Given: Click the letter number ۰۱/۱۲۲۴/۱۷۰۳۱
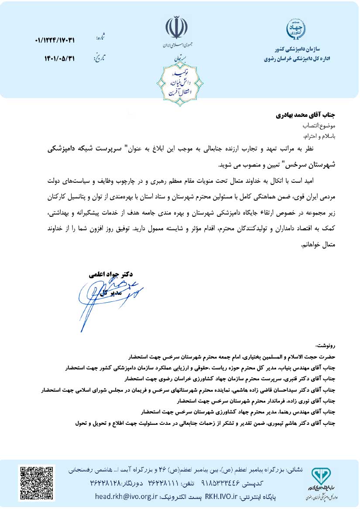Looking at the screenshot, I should point(55,41).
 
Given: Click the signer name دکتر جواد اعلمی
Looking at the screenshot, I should point(111,275).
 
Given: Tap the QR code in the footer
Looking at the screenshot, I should point(36,483).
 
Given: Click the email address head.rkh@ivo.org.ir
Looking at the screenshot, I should point(126,497).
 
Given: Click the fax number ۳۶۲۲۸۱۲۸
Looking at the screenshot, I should point(110,484).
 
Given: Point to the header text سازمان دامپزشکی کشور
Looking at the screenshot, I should point(296,49).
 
